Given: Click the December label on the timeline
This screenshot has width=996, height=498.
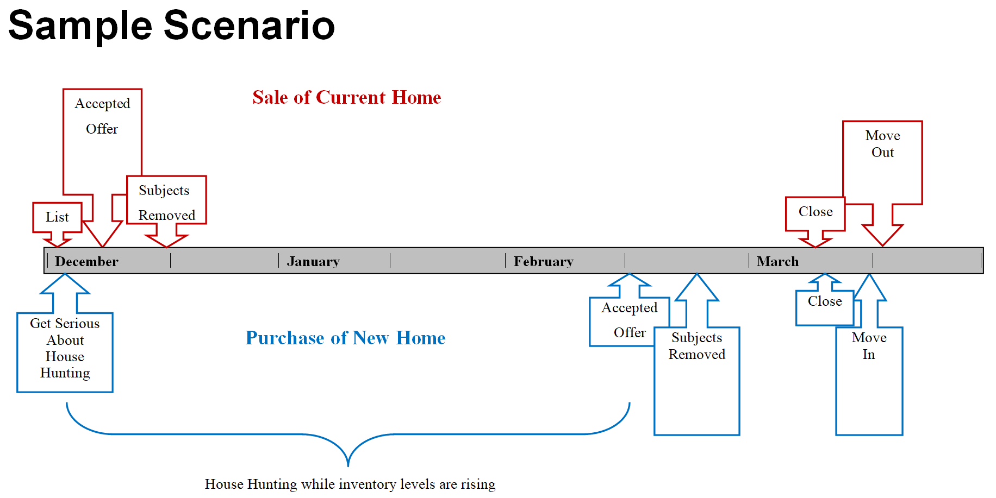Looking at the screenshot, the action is coord(86,261).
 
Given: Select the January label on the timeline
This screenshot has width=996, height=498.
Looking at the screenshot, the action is coord(313,261).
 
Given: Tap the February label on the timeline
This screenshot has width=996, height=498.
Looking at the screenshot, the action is coord(544,261).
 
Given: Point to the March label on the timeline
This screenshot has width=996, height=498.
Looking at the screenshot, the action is coord(777,261).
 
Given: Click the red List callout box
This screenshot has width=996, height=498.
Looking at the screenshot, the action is coord(57,217).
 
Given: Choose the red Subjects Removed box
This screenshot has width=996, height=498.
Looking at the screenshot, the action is coord(166,200).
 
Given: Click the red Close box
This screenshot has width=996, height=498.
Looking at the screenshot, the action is coord(815,213).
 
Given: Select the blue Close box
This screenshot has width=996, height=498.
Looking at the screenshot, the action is coord(825,307).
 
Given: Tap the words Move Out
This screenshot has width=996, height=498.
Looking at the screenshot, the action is coord(882,143).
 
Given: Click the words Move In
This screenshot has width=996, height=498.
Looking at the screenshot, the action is coord(869,346).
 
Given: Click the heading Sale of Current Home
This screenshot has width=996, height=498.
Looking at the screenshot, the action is coord(347,97).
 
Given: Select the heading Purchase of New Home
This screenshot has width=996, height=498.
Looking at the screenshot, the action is coord(345,338).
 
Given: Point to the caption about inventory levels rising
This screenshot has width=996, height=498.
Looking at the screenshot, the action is coord(350,484).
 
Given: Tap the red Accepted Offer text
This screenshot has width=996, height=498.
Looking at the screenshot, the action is coord(102,116).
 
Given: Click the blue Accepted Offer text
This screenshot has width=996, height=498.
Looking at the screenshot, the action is coord(630,320).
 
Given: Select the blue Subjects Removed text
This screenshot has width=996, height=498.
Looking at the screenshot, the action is coord(697,346).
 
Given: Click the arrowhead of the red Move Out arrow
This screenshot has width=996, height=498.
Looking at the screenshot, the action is coord(882,246).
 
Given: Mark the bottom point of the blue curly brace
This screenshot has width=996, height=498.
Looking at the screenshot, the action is coord(348,466).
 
